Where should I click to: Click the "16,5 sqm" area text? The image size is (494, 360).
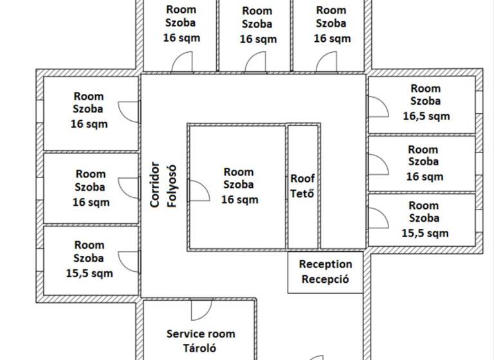click(426, 116)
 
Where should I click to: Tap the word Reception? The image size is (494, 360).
click(325, 264)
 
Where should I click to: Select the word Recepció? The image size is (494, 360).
click(325, 279)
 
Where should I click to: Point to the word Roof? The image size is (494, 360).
click(303, 179)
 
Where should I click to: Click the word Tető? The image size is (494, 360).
click(303, 193)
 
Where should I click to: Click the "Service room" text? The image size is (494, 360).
click(201, 334)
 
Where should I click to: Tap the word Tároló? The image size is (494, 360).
click(201, 348)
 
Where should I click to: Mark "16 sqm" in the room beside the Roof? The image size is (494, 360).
click(239, 199)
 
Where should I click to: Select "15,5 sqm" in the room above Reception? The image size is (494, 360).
click(425, 233)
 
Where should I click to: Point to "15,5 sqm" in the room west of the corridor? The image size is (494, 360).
click(89, 273)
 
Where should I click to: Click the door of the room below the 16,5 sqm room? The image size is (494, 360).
click(377, 163)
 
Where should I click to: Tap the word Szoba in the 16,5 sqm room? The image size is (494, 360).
click(426, 102)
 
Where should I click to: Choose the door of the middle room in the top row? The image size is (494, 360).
click(256, 62)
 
